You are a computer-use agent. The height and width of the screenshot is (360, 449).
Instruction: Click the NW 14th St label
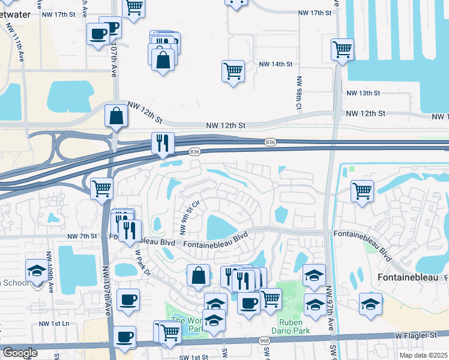(276, 64)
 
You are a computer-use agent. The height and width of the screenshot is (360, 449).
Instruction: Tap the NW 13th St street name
(364, 94)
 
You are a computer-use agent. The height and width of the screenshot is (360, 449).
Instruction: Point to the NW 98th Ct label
(298, 93)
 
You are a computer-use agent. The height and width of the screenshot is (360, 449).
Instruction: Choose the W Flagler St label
(415, 335)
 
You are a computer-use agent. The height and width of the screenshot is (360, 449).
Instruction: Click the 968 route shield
(265, 341)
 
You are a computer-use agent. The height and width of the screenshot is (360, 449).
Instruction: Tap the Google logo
(20, 353)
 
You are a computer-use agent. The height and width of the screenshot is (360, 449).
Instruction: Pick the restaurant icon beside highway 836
(163, 143)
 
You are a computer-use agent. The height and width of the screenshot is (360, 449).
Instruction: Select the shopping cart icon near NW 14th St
(233, 71)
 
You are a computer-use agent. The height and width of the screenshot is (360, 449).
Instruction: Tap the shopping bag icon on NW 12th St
(115, 116)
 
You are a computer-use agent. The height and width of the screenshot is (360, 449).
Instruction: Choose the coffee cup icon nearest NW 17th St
(98, 34)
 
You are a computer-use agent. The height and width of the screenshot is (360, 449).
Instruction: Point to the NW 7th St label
(82, 236)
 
